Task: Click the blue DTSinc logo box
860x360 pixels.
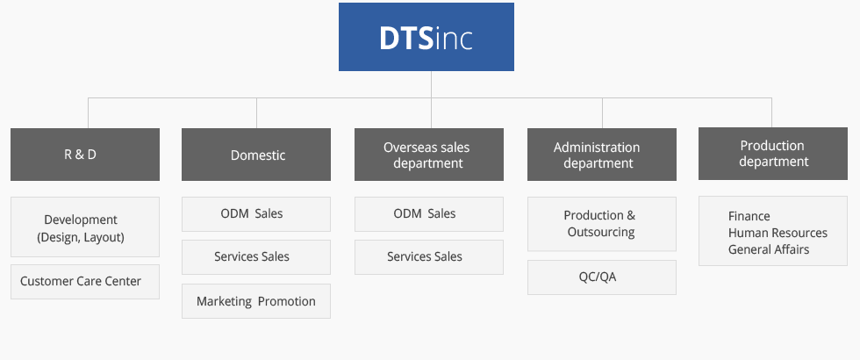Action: coord(426,37)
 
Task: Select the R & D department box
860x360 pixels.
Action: coord(85,155)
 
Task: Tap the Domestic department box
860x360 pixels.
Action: coord(256,155)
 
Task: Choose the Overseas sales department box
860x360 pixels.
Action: coord(429,155)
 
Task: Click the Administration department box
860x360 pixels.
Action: coord(602,155)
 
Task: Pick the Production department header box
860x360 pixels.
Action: coord(772,154)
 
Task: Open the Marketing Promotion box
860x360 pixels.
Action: coord(256,301)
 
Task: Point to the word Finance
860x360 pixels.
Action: coord(749,216)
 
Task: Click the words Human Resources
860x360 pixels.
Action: coord(778,233)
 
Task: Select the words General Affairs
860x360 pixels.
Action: coord(769,249)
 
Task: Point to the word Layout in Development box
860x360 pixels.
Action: coord(104,237)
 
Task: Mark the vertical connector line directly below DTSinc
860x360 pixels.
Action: coord(431,84)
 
